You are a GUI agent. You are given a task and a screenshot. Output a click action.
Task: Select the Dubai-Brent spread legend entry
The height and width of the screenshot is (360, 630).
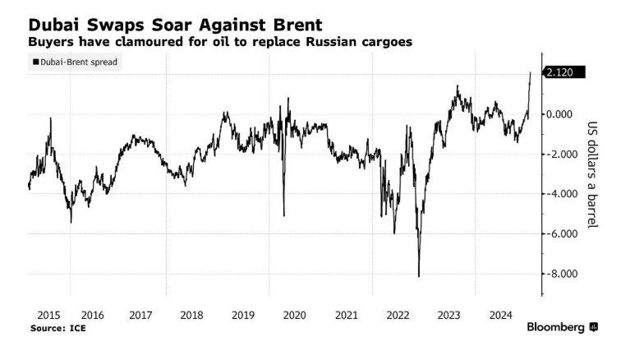(x=76, y=62)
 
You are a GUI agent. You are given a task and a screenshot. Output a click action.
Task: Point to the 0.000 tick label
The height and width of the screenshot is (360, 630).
(x=564, y=113)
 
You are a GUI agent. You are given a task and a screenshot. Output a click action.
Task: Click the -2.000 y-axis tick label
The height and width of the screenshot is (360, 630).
(x=563, y=154)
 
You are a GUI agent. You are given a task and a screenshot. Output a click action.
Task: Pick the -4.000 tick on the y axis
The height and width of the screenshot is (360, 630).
(x=563, y=194)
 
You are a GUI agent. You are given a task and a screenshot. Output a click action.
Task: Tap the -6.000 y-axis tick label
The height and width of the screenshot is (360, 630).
(x=563, y=233)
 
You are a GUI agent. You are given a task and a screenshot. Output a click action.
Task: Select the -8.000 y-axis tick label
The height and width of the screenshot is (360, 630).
(x=563, y=274)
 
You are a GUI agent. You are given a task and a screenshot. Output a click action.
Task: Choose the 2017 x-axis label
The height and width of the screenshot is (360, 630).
(x=141, y=315)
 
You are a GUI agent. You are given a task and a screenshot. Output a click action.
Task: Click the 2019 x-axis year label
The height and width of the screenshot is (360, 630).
(x=243, y=315)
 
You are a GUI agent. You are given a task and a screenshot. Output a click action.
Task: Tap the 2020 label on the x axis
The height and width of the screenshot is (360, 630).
(x=294, y=315)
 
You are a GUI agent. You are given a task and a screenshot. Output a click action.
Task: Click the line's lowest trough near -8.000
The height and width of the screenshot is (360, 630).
(x=419, y=276)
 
